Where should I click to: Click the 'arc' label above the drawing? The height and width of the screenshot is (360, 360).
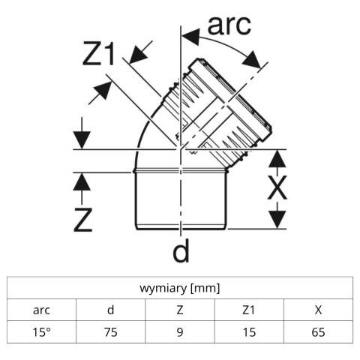(229, 25)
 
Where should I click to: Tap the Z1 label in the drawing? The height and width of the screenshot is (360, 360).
(99, 54)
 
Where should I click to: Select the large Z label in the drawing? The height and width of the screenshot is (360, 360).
(83, 220)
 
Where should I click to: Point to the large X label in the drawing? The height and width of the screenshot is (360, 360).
(277, 187)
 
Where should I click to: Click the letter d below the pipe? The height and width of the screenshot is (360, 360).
(181, 250)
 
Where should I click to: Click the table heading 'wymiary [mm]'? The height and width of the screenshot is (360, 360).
(180, 288)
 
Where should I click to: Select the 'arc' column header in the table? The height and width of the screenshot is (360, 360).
(41, 310)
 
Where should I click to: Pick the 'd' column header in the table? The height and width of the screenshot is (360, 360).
(111, 310)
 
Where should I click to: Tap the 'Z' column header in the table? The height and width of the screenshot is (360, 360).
(180, 310)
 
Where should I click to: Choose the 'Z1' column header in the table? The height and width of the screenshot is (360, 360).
(249, 310)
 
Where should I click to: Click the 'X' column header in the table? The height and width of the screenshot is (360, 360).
(318, 310)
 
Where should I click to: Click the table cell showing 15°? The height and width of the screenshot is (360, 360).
(41, 332)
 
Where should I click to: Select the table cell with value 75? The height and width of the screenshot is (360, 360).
(111, 332)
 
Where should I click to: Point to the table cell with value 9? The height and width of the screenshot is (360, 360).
(180, 332)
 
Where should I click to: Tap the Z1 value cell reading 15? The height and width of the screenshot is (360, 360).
(249, 332)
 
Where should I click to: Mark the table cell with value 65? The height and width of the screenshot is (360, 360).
(318, 332)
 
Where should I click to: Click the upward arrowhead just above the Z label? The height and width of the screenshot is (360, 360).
(82, 181)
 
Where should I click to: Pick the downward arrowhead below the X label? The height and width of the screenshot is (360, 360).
(277, 219)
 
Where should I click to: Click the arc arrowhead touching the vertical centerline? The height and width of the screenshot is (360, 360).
(190, 36)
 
